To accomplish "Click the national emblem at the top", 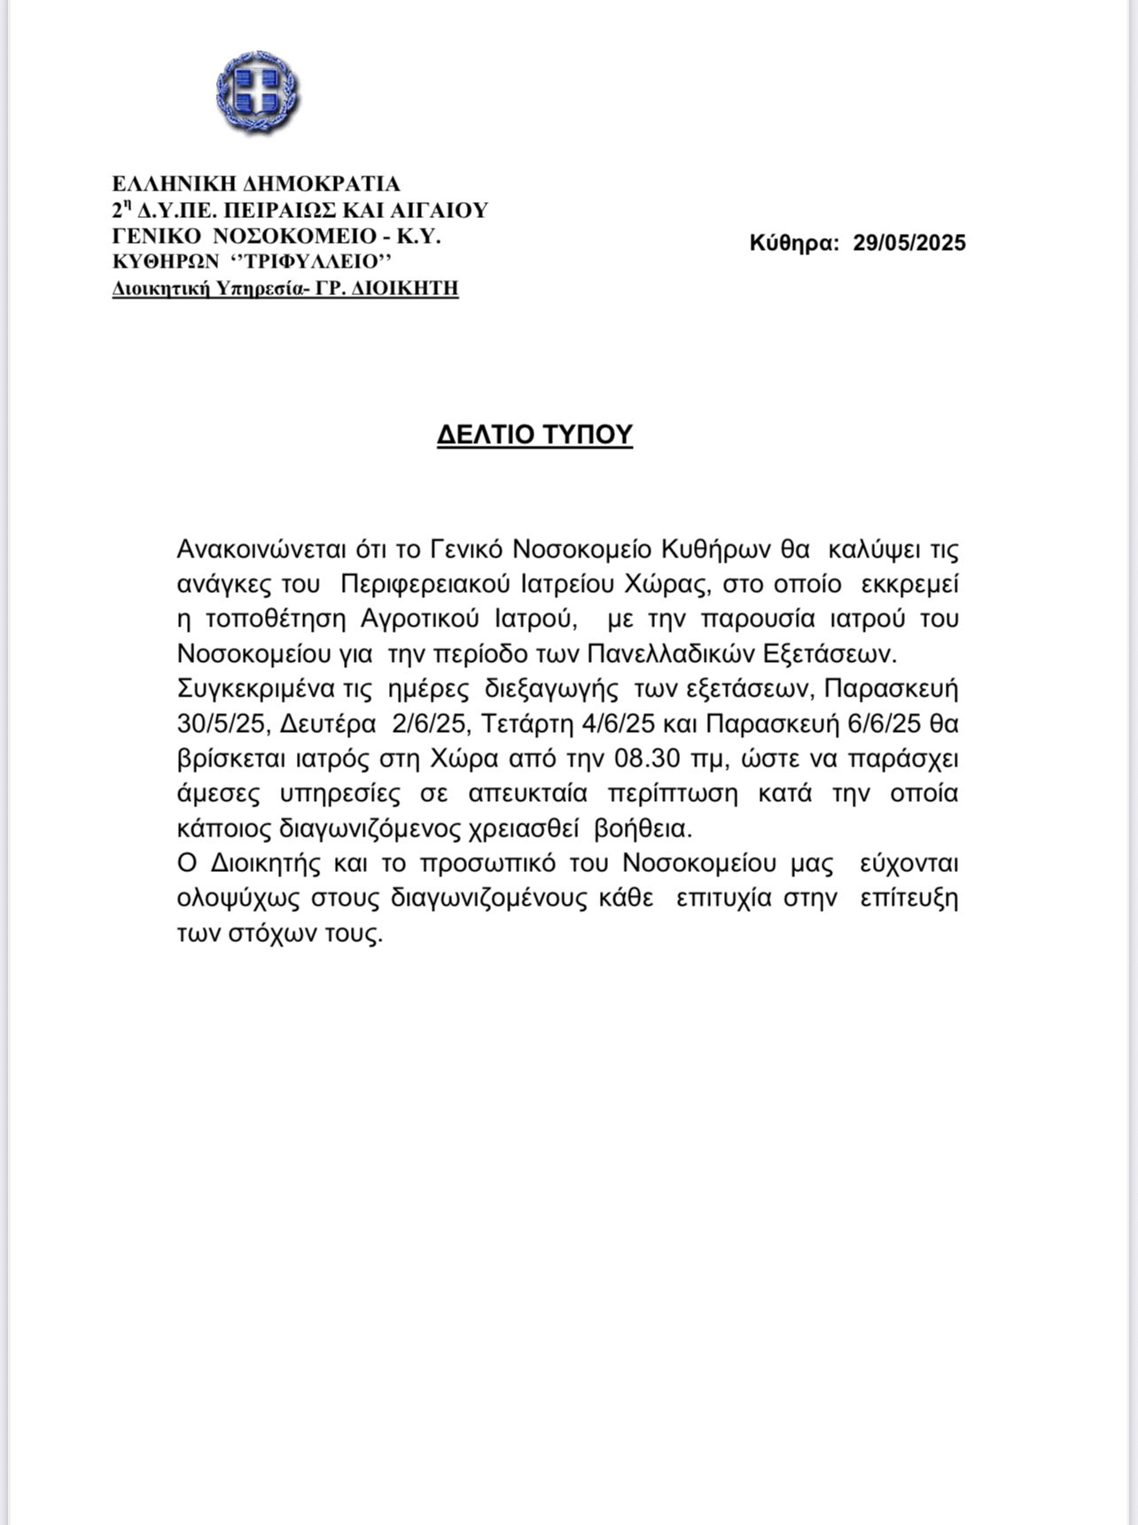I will pyautogui.click(x=257, y=93).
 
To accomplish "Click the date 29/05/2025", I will pyautogui.click(x=909, y=243).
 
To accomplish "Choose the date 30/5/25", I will pyautogui.click(x=221, y=724).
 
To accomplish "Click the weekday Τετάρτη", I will pyautogui.click(x=527, y=724).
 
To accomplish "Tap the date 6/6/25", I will pyautogui.click(x=885, y=724).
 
